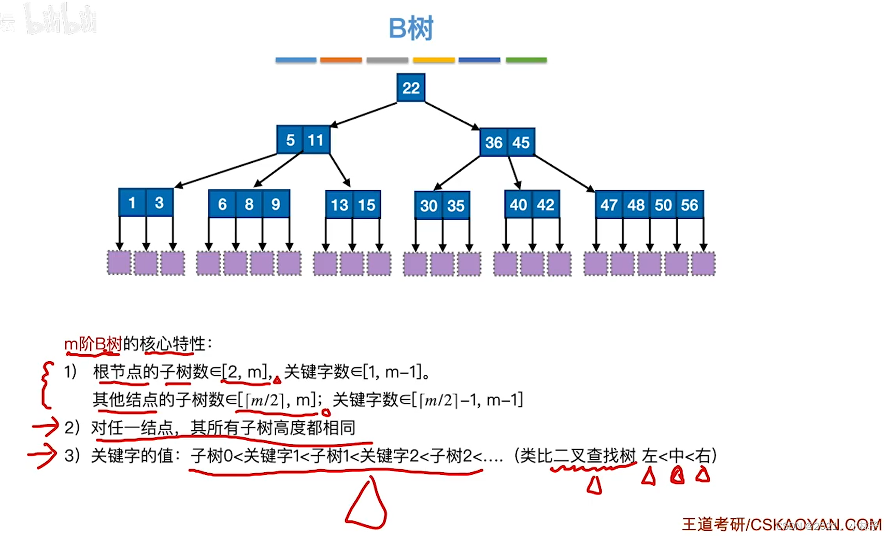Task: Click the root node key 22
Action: [x=411, y=88]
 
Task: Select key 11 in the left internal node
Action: [x=316, y=140]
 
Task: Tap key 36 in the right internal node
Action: [x=494, y=142]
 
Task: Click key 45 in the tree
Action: [x=521, y=142]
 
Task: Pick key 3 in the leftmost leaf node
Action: [x=159, y=203]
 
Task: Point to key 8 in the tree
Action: [x=249, y=204]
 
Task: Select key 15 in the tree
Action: [x=367, y=205]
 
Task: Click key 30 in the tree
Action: [x=429, y=206]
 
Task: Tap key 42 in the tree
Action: [x=546, y=205]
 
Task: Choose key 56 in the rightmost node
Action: [x=690, y=205]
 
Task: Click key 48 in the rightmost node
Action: [x=636, y=205]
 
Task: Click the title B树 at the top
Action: [x=411, y=29]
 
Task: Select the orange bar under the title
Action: [x=341, y=60]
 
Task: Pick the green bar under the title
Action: [x=526, y=60]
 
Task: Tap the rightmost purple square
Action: [x=703, y=263]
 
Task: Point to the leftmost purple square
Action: [x=119, y=263]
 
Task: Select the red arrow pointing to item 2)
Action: [x=45, y=427]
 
